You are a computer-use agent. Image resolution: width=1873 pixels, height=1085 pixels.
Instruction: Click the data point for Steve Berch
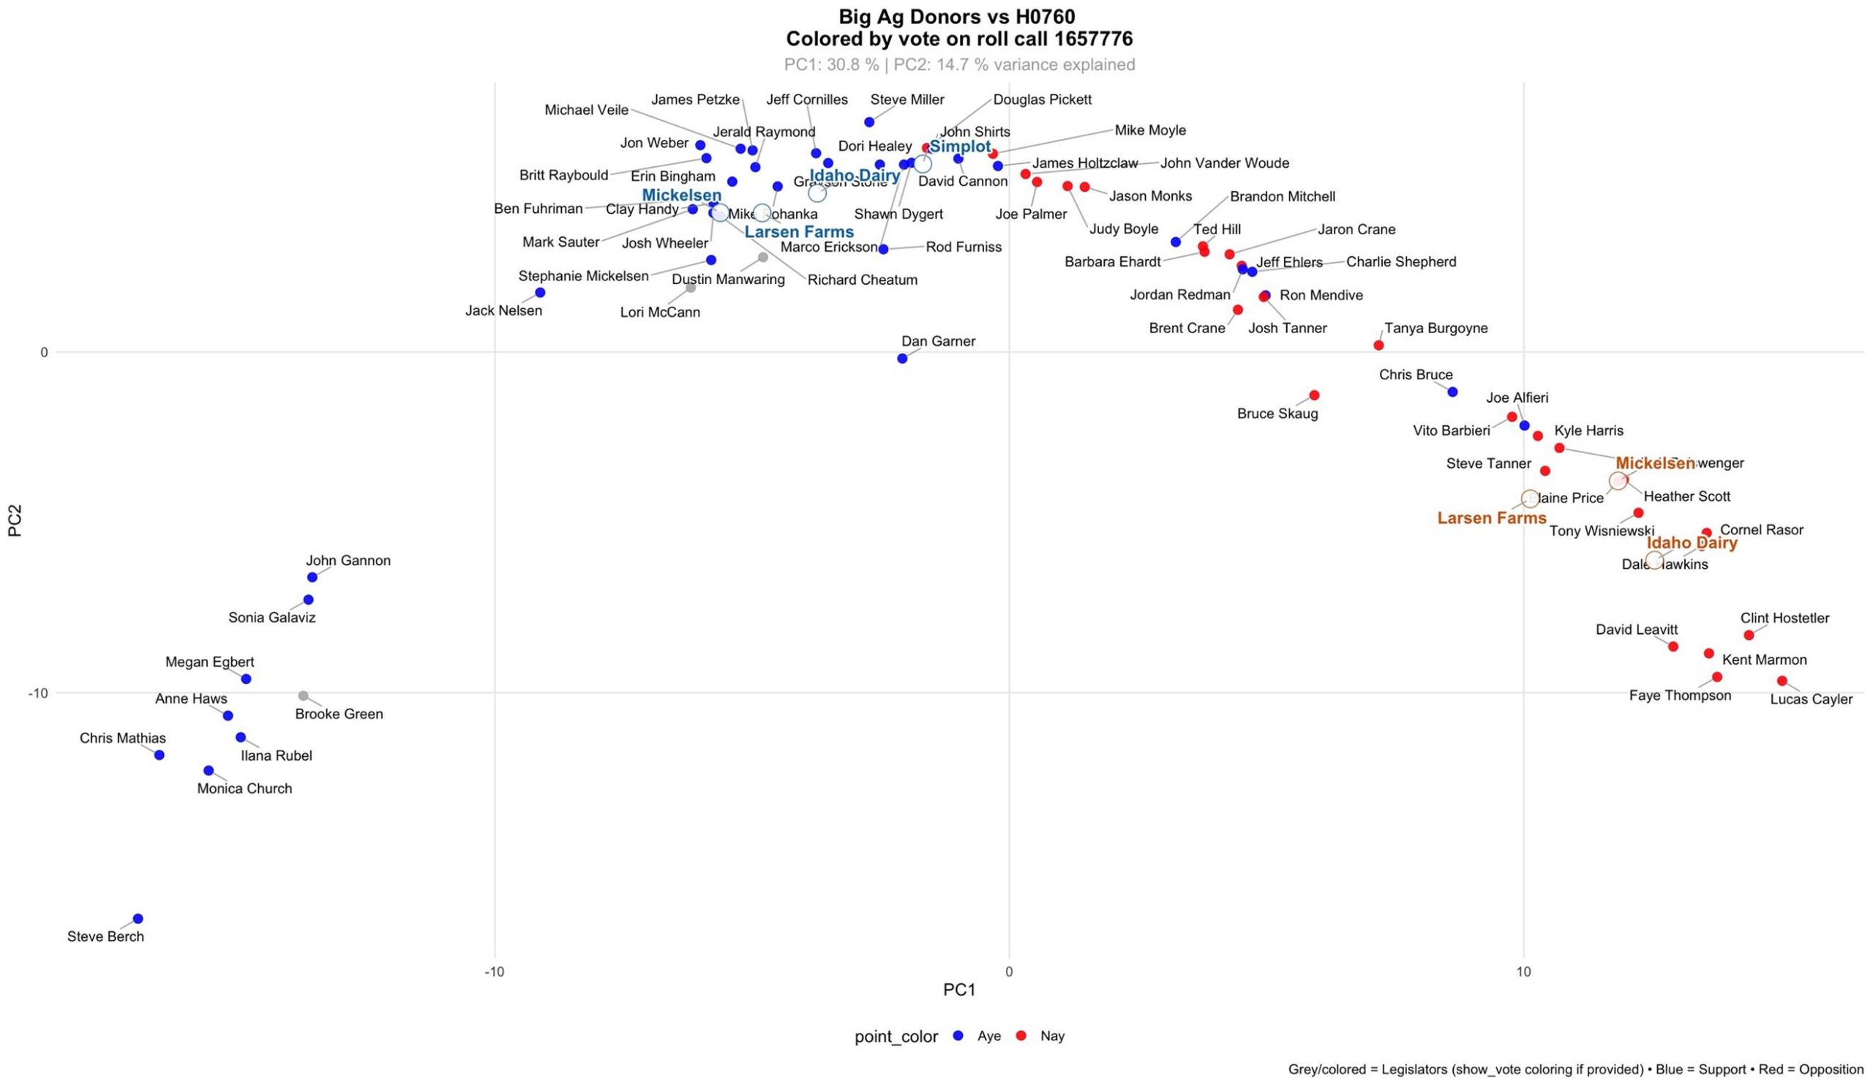138,918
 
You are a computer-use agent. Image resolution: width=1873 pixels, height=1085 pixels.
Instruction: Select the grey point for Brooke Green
303,696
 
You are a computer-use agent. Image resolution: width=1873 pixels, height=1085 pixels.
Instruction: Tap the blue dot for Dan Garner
902,359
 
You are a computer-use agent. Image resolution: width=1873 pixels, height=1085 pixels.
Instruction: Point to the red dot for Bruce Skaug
1314,395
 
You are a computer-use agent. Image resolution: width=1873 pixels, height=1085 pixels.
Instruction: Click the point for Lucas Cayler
1782,680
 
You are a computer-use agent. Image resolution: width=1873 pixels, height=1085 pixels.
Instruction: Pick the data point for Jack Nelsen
541,292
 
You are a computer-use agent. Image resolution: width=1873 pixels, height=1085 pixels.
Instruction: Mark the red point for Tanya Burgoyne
1378,345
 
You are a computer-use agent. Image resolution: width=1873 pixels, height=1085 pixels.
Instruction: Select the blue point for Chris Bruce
1453,392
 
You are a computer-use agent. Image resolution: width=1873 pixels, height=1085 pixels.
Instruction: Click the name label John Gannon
348,561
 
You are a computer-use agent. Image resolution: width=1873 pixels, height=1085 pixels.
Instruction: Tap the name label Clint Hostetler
1784,618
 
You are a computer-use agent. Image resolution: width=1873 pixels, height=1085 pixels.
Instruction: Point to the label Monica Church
244,788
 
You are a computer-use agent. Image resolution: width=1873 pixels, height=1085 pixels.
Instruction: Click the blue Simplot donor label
961,146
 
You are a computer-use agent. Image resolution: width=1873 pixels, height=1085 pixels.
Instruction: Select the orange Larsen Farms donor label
1492,518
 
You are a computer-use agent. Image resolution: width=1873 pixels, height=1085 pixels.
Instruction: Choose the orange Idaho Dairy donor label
1692,543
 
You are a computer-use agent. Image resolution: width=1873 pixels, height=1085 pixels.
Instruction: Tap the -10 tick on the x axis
495,972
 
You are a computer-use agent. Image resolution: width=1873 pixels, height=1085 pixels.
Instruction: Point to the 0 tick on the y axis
44,351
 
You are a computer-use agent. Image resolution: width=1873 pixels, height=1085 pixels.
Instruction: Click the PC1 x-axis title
958,990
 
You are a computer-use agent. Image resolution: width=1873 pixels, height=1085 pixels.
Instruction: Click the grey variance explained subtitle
958,64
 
